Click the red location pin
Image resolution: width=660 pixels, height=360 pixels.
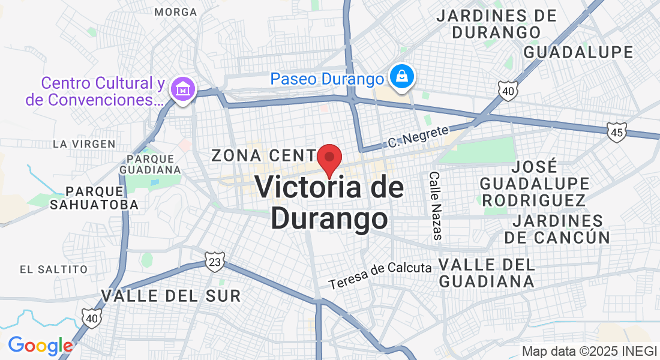pos(329,158)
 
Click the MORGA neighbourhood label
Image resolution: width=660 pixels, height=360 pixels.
pos(175,12)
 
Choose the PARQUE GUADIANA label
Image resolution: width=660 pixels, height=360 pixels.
pos(151,164)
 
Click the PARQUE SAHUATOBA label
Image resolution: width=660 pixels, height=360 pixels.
pos(102,198)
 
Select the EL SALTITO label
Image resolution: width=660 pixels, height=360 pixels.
pos(53,269)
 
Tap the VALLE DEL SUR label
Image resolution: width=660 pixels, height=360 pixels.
pos(171,295)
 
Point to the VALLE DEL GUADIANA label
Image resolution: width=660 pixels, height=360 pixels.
pos(487,272)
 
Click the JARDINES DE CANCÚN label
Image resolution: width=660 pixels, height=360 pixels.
pos(557,229)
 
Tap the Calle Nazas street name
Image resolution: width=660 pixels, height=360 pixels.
pos(436,206)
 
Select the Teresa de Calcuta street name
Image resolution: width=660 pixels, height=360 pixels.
pos(380,274)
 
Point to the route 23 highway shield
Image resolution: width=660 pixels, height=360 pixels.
pos(214,262)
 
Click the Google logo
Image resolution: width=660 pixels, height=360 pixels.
pos(41,346)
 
